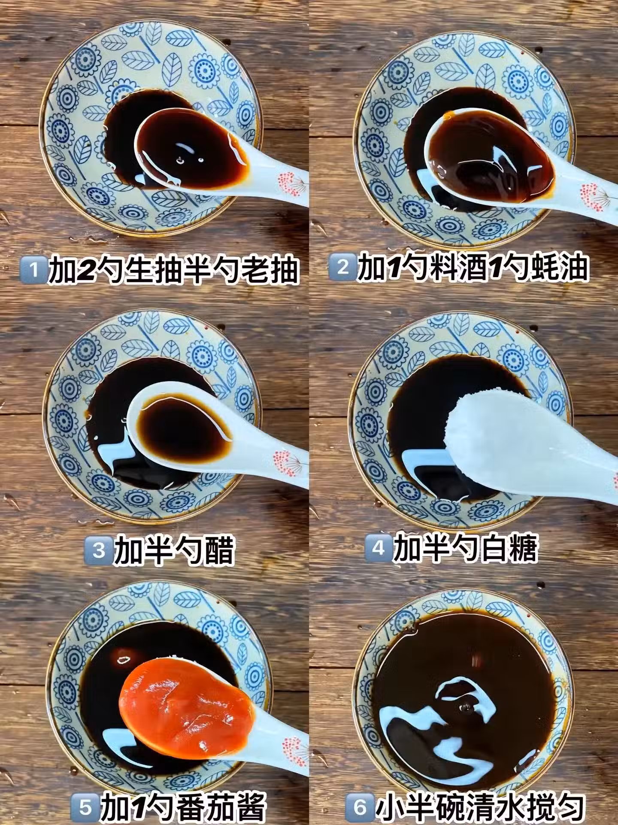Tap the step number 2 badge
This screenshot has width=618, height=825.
tap(342, 268)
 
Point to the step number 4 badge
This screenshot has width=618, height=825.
tap(378, 548)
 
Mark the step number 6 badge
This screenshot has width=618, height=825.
tap(360, 807)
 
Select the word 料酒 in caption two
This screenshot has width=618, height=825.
tap(451, 268)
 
